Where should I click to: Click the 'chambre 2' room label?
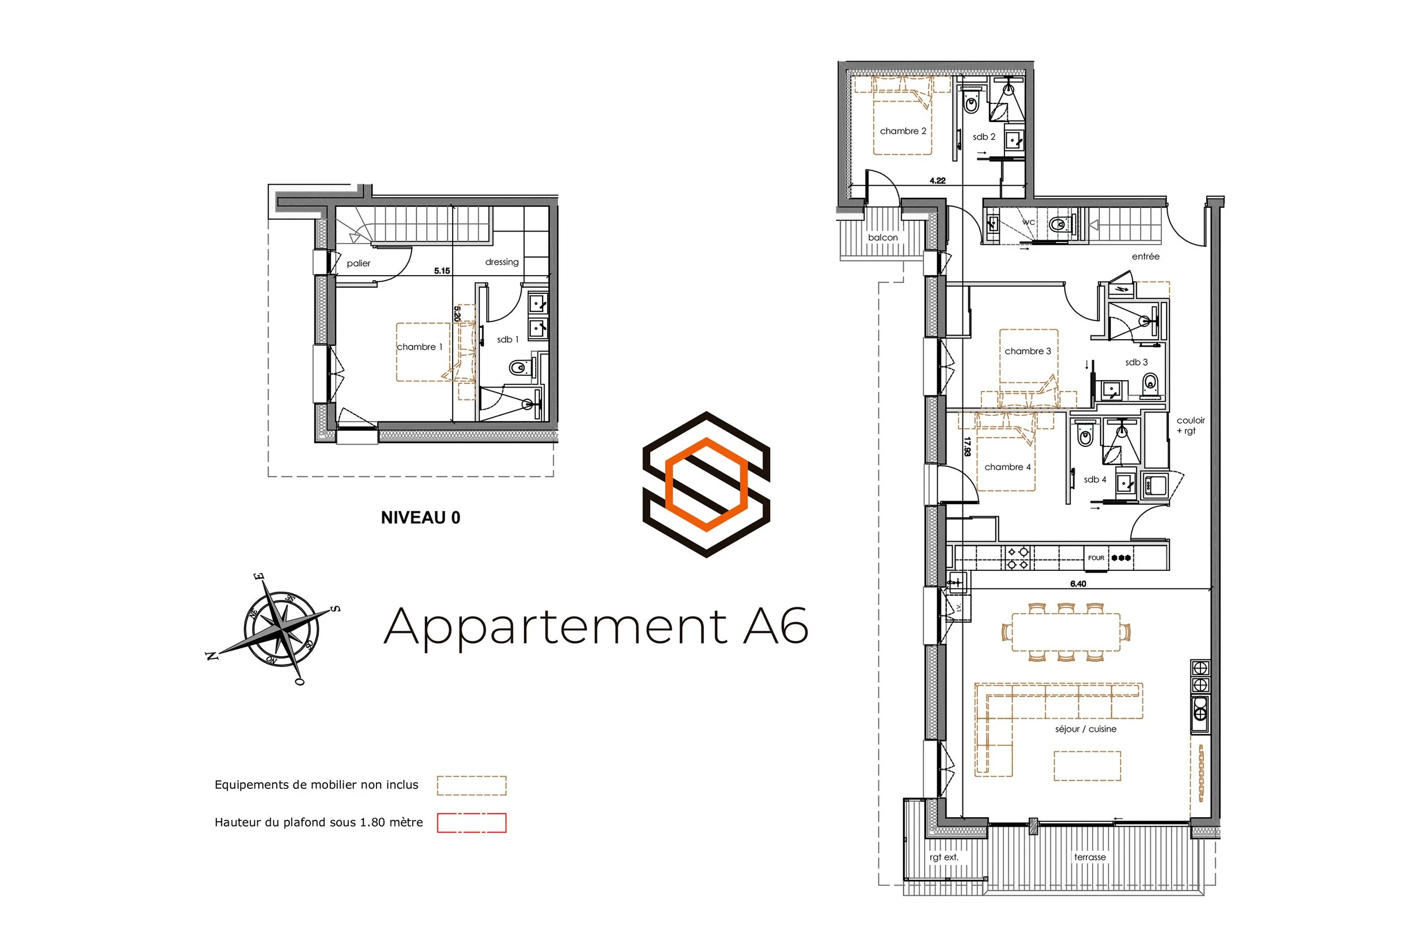(x=903, y=131)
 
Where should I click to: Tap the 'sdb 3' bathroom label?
(x=1136, y=362)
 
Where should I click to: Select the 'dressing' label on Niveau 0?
(x=502, y=262)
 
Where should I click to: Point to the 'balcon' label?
(x=882, y=238)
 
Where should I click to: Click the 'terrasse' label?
(x=1090, y=857)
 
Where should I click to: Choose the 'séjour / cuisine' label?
(x=1086, y=729)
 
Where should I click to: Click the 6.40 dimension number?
(x=1078, y=583)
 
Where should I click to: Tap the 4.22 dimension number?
(x=937, y=180)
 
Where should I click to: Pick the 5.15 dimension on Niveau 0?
(x=441, y=271)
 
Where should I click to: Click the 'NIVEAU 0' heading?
(x=421, y=518)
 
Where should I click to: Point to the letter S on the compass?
(x=336, y=609)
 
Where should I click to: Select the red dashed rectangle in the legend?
(x=471, y=822)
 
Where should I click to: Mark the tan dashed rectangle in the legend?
(x=471, y=785)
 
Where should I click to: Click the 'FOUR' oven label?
(x=1096, y=558)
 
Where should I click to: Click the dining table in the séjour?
(x=1066, y=632)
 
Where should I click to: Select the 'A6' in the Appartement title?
(x=775, y=627)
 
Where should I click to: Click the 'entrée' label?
(x=1146, y=257)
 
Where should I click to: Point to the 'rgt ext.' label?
(x=944, y=857)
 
